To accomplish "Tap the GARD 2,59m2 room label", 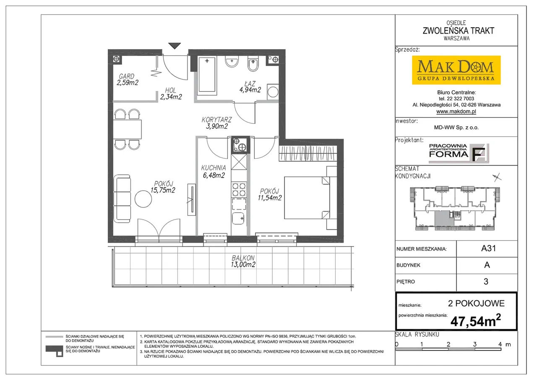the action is coord(128,80).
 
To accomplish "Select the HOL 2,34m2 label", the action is coord(171,94).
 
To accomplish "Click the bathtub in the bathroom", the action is coord(207,74).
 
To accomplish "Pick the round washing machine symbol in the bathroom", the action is coord(273,92).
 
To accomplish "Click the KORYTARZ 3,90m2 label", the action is coord(217,123).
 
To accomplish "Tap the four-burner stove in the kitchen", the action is coord(239,189).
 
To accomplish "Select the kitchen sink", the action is coord(238,218).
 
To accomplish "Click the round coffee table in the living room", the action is coord(143,199).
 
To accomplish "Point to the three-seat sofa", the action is coord(122,199).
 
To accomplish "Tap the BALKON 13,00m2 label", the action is coord(243,261).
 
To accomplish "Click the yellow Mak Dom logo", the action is coord(456,70).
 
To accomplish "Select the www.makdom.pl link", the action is coord(456,111).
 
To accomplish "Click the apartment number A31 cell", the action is coord(488,249).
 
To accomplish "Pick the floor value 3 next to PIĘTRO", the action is coord(486,281).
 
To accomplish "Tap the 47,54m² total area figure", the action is coord(476,320).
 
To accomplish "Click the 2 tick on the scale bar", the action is coord(448,344).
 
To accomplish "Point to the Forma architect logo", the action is coord(459,153).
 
